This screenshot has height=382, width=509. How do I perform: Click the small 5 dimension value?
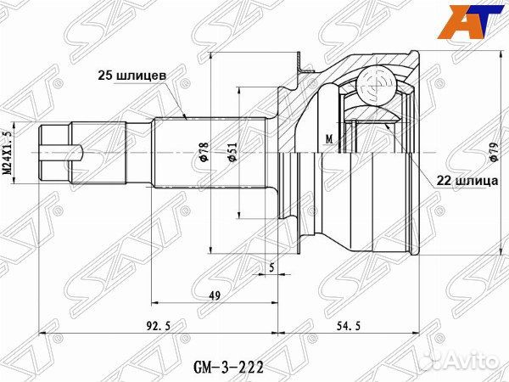click(271, 269)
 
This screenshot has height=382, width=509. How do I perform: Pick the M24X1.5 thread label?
click(10, 151)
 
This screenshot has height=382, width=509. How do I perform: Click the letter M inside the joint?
click(328, 138)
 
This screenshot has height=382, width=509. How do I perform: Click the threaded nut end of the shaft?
click(55, 152)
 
